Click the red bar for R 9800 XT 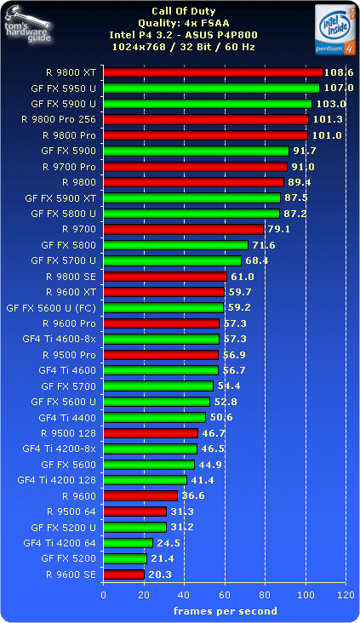(x=213, y=72)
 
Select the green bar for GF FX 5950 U (x=211, y=88)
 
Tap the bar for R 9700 (x=183, y=229)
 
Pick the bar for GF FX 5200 (x=125, y=558)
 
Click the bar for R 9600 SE (x=123, y=574)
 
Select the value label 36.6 (x=193, y=495)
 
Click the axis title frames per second (x=225, y=610)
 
